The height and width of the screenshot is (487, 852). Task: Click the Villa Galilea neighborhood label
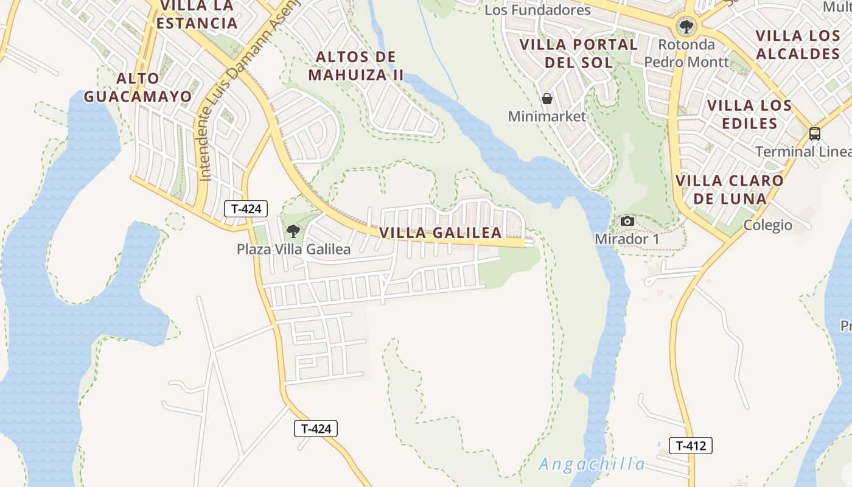[441, 233]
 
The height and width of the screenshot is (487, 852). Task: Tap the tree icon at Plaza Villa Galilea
[293, 231]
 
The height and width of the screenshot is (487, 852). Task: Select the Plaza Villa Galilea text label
[293, 249]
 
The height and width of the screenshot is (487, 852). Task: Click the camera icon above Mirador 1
[627, 222]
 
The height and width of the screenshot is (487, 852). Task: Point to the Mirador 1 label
[627, 239]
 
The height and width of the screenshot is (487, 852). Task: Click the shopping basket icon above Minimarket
[546, 99]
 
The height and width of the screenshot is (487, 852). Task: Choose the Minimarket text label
[546, 116]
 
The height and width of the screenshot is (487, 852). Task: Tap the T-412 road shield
[690, 446]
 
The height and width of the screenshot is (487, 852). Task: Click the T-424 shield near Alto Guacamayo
[246, 209]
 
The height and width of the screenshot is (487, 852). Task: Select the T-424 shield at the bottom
[315, 429]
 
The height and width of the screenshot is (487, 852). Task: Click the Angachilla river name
[591, 464]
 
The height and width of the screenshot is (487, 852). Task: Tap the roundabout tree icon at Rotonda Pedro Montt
[686, 27]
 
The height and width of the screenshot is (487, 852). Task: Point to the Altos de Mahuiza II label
[356, 66]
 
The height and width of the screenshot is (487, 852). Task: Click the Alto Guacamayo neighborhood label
[138, 87]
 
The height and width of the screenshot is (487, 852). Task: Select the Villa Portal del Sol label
[578, 53]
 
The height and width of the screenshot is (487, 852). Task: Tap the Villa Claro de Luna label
[729, 189]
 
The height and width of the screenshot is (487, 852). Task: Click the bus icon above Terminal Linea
[814, 134]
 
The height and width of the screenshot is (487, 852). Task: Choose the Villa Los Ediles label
[749, 114]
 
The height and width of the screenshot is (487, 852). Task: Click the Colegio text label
[768, 225]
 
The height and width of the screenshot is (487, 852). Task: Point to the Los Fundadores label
[537, 10]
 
